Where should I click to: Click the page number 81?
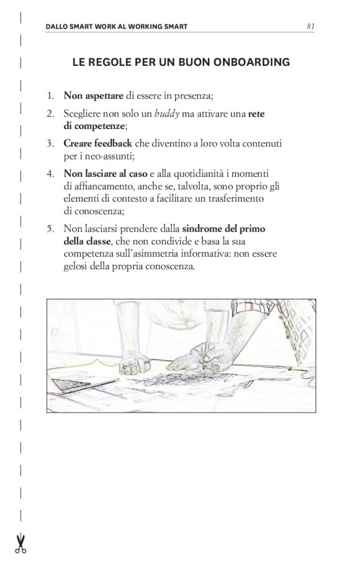[x=310, y=27]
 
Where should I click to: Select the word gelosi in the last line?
[x=76, y=267]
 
